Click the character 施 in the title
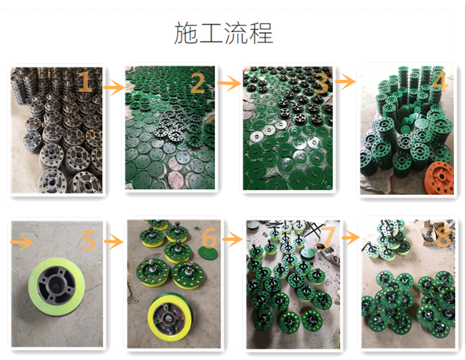point(186,33)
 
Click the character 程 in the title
point(261,33)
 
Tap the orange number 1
point(85,81)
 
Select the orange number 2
point(198,83)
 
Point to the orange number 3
point(321,83)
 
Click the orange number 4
point(439,81)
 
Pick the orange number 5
point(89,240)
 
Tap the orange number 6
point(210,238)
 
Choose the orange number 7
point(329,238)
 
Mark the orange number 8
point(443,237)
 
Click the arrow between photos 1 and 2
point(114,87)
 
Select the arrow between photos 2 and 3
point(229,83)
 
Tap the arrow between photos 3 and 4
point(346,81)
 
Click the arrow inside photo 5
point(22,242)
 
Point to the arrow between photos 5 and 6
point(114,241)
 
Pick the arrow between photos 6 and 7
point(233,239)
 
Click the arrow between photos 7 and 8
point(351,238)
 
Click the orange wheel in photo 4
point(439,178)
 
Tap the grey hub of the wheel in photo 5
point(55,285)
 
